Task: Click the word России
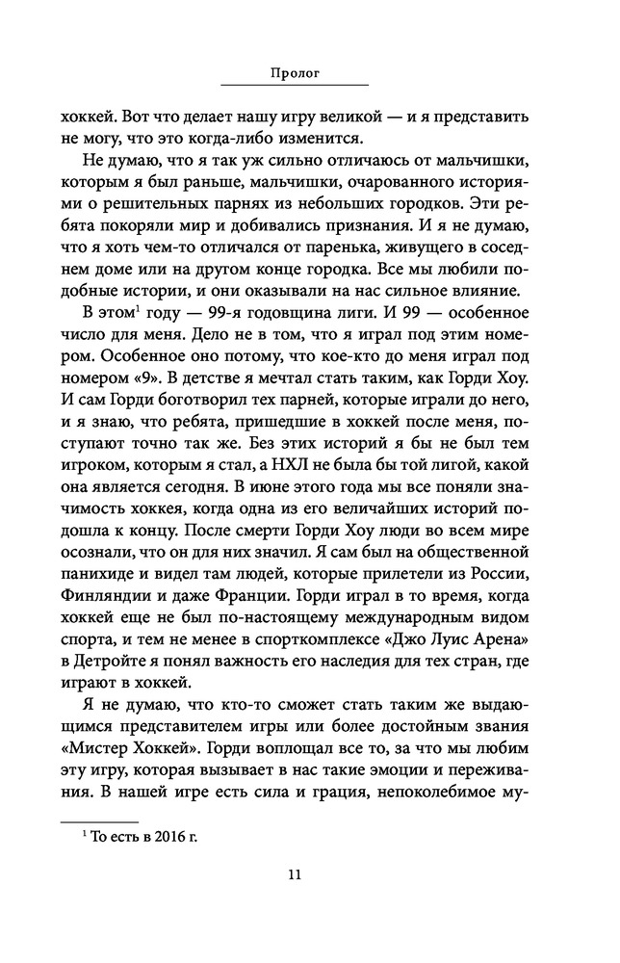500,547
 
